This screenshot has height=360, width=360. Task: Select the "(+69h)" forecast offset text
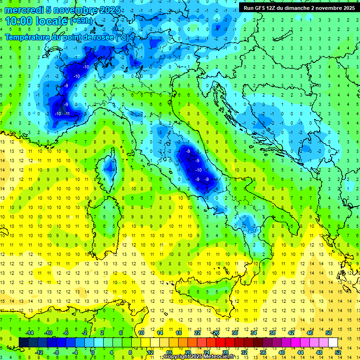[x=81, y=22]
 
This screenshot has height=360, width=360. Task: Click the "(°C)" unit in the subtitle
[x=122, y=37]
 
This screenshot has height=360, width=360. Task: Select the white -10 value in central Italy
[x=199, y=170]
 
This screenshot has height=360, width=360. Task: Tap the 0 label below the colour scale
[x=93, y=352]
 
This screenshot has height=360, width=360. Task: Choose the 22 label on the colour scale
[x=197, y=332]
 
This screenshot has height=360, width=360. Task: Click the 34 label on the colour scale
[x=253, y=332]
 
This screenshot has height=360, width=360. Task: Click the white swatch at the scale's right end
[x=333, y=342]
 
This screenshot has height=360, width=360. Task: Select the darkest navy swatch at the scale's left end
[x=23, y=342]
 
